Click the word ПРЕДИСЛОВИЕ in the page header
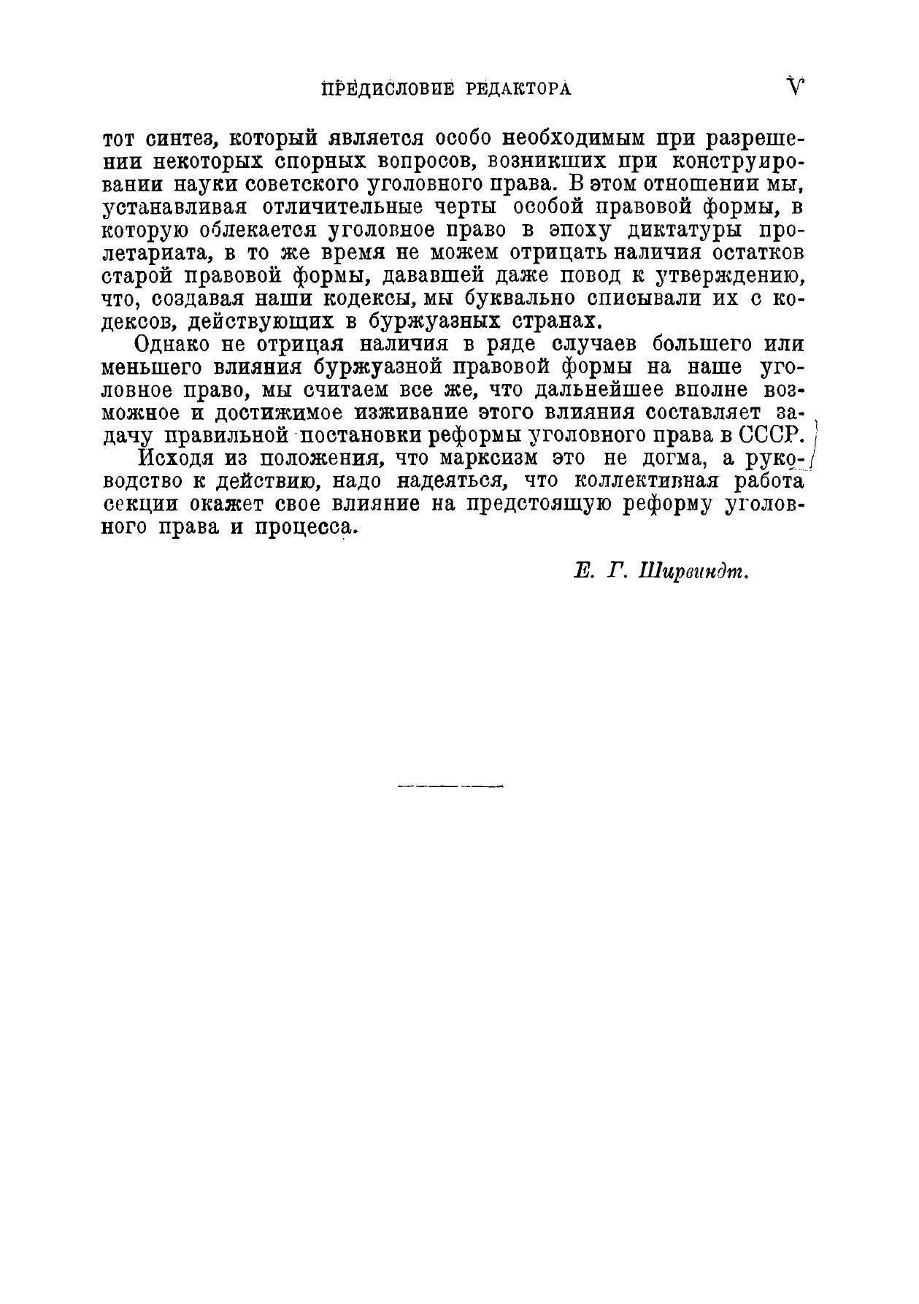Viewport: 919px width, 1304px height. click(x=378, y=89)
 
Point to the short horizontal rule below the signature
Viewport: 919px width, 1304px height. click(x=451, y=786)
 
